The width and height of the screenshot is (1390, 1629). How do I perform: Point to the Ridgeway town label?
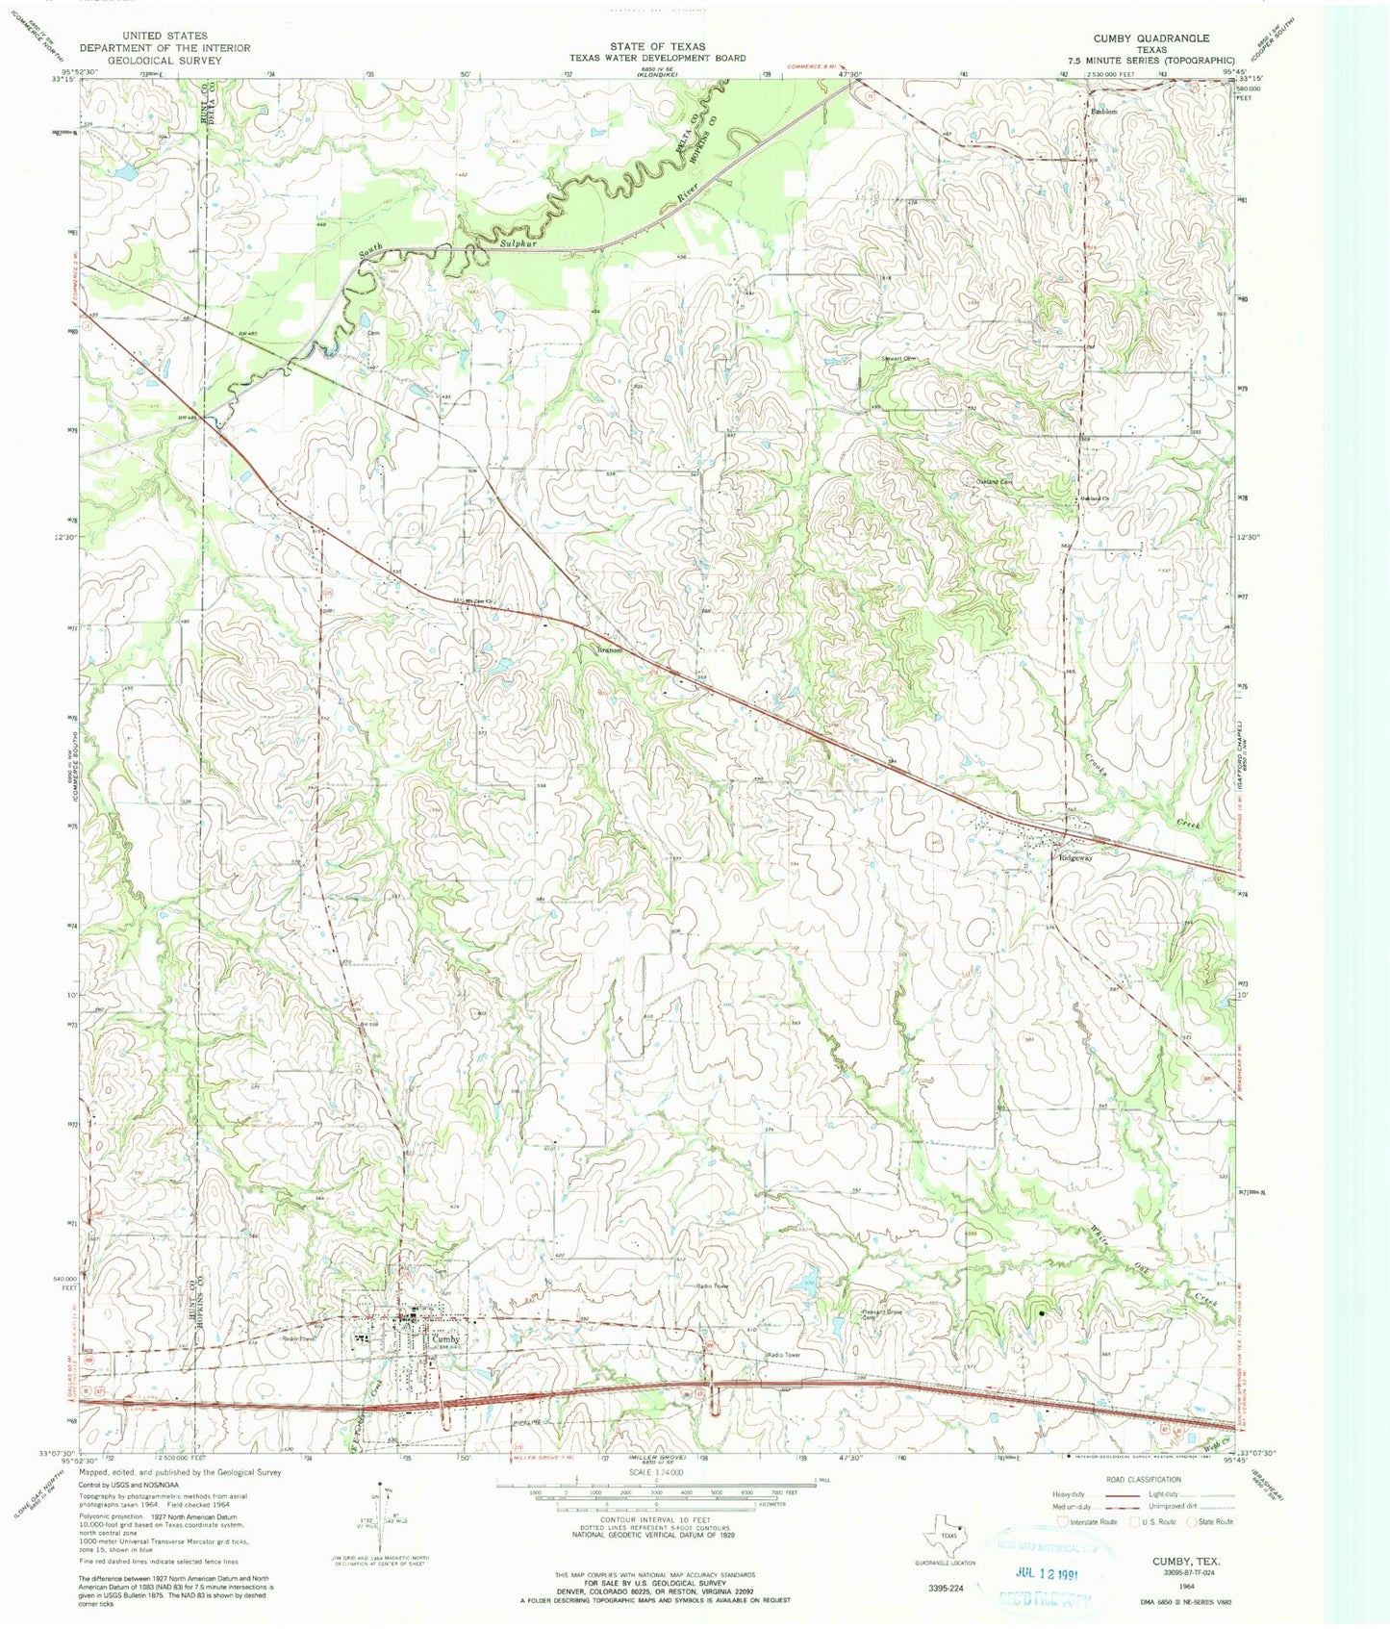1075,857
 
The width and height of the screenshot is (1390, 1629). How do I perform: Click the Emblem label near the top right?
1104,113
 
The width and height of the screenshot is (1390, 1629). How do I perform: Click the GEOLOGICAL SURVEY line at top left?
164,60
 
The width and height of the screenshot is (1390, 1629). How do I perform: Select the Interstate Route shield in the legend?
1062,1522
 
